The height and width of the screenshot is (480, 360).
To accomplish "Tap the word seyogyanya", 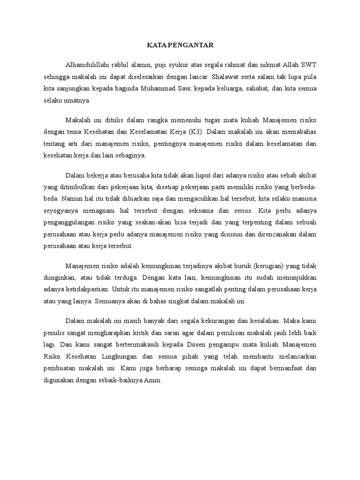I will pyautogui.click(x=60, y=210).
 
